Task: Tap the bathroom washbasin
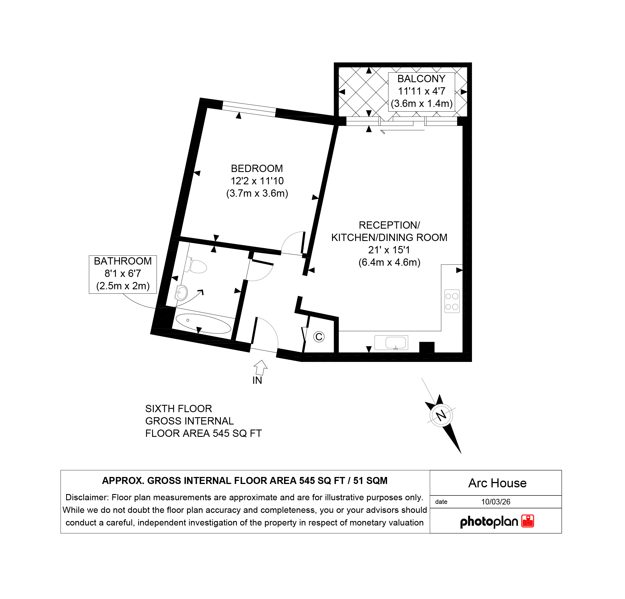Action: point(181,293)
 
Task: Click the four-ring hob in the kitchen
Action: point(452,301)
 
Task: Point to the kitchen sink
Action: point(391,343)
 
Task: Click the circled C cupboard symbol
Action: point(319,337)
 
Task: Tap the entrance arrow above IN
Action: point(261,368)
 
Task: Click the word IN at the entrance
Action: point(257,380)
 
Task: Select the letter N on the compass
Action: point(441,416)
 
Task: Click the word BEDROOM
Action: point(257,169)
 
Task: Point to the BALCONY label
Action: point(421,79)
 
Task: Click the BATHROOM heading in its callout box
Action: point(123,261)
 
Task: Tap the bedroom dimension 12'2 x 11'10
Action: point(257,181)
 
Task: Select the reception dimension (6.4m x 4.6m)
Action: point(389,262)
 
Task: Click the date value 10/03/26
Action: point(496,502)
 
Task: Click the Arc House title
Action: point(497,483)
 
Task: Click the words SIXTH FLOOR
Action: point(179,408)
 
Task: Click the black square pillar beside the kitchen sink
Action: point(427,347)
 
